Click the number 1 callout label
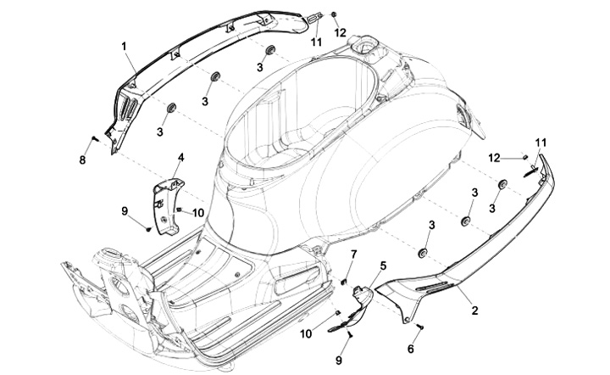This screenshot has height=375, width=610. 123,44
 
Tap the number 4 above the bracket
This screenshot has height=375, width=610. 180,158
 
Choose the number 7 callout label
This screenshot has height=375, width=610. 354,255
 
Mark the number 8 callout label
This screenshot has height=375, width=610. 83,160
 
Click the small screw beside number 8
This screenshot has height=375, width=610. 95,137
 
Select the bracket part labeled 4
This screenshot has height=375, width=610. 167,208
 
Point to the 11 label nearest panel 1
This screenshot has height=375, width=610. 316,41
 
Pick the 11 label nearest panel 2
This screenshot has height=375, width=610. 541,143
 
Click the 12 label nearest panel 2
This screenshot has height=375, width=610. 518,158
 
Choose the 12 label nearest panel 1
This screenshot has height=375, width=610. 341,32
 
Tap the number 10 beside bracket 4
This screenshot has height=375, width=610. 198,212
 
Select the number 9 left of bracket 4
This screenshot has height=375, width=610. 125,210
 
